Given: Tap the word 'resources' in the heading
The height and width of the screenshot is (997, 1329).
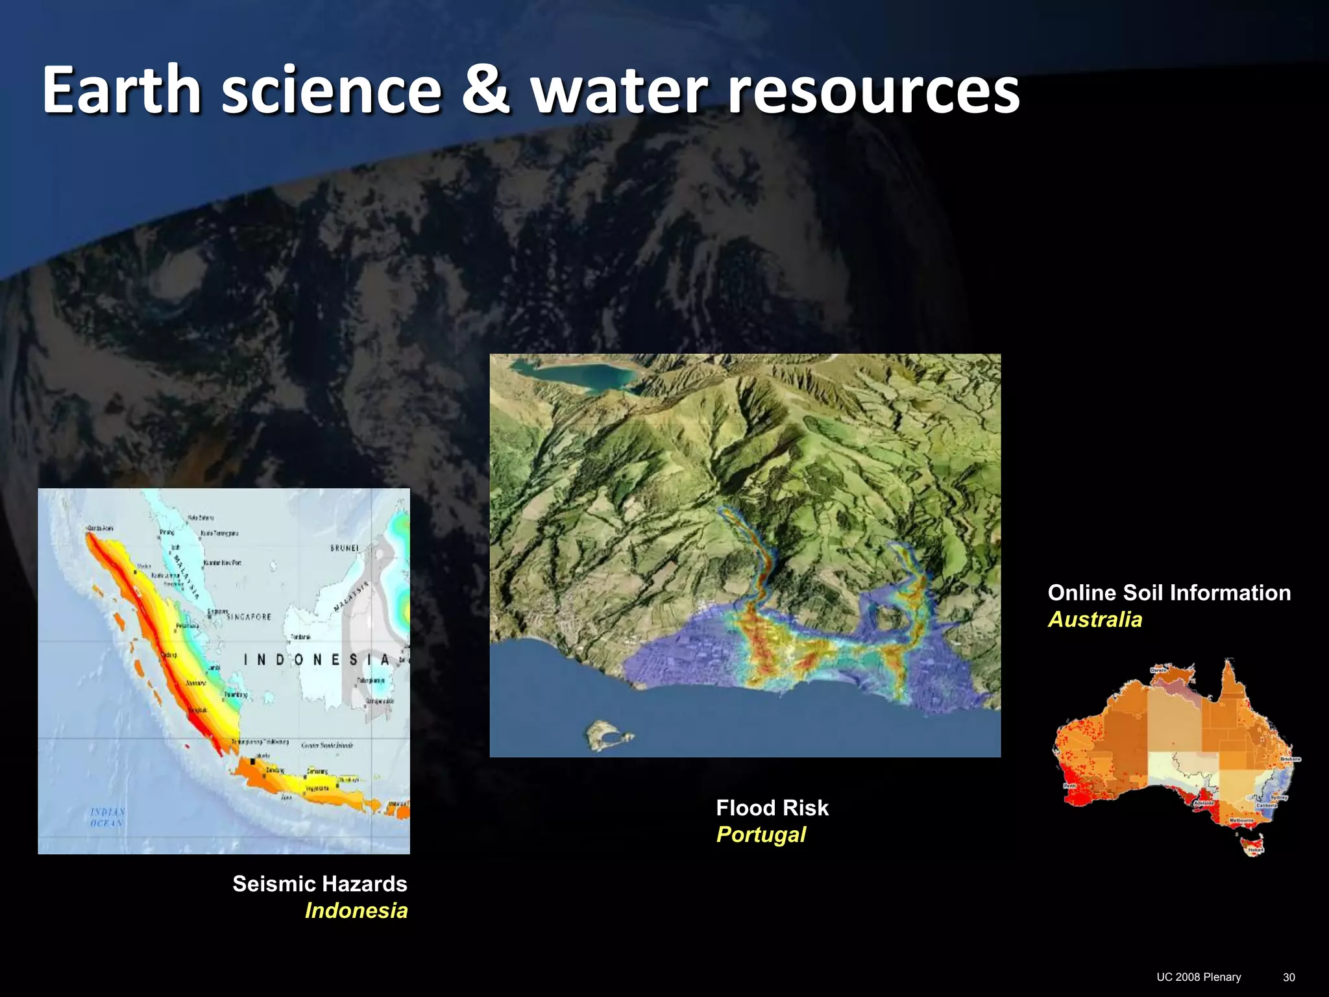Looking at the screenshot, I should [873, 91].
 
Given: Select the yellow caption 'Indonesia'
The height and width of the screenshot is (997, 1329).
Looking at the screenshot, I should [356, 910].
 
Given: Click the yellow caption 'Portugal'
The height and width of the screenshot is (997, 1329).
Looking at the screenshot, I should [761, 834].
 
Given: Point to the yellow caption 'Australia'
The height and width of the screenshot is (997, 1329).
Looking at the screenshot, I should [1095, 619].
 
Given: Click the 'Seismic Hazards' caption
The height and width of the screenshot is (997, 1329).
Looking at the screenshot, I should [319, 883].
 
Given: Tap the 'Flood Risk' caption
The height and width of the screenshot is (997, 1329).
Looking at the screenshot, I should [772, 807].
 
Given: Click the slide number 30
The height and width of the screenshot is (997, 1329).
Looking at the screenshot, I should [1289, 977].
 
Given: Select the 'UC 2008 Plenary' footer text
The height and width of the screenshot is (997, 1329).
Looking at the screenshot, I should [1199, 977].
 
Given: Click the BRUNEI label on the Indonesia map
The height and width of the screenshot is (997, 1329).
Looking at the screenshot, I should [345, 548].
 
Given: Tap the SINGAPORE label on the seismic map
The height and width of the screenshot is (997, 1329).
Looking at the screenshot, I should [249, 617].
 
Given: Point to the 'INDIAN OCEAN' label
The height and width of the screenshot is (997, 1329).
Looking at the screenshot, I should [108, 817].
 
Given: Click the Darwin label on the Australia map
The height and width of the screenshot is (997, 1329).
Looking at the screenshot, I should [1159, 670].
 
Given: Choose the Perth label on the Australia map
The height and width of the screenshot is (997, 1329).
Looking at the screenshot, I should [1069, 786].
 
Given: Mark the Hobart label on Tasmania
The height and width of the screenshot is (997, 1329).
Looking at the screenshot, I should [1256, 850].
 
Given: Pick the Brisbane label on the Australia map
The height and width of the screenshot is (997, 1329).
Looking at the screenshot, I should [1290, 759].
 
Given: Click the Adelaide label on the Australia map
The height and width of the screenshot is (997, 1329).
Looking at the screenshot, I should [1204, 803].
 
